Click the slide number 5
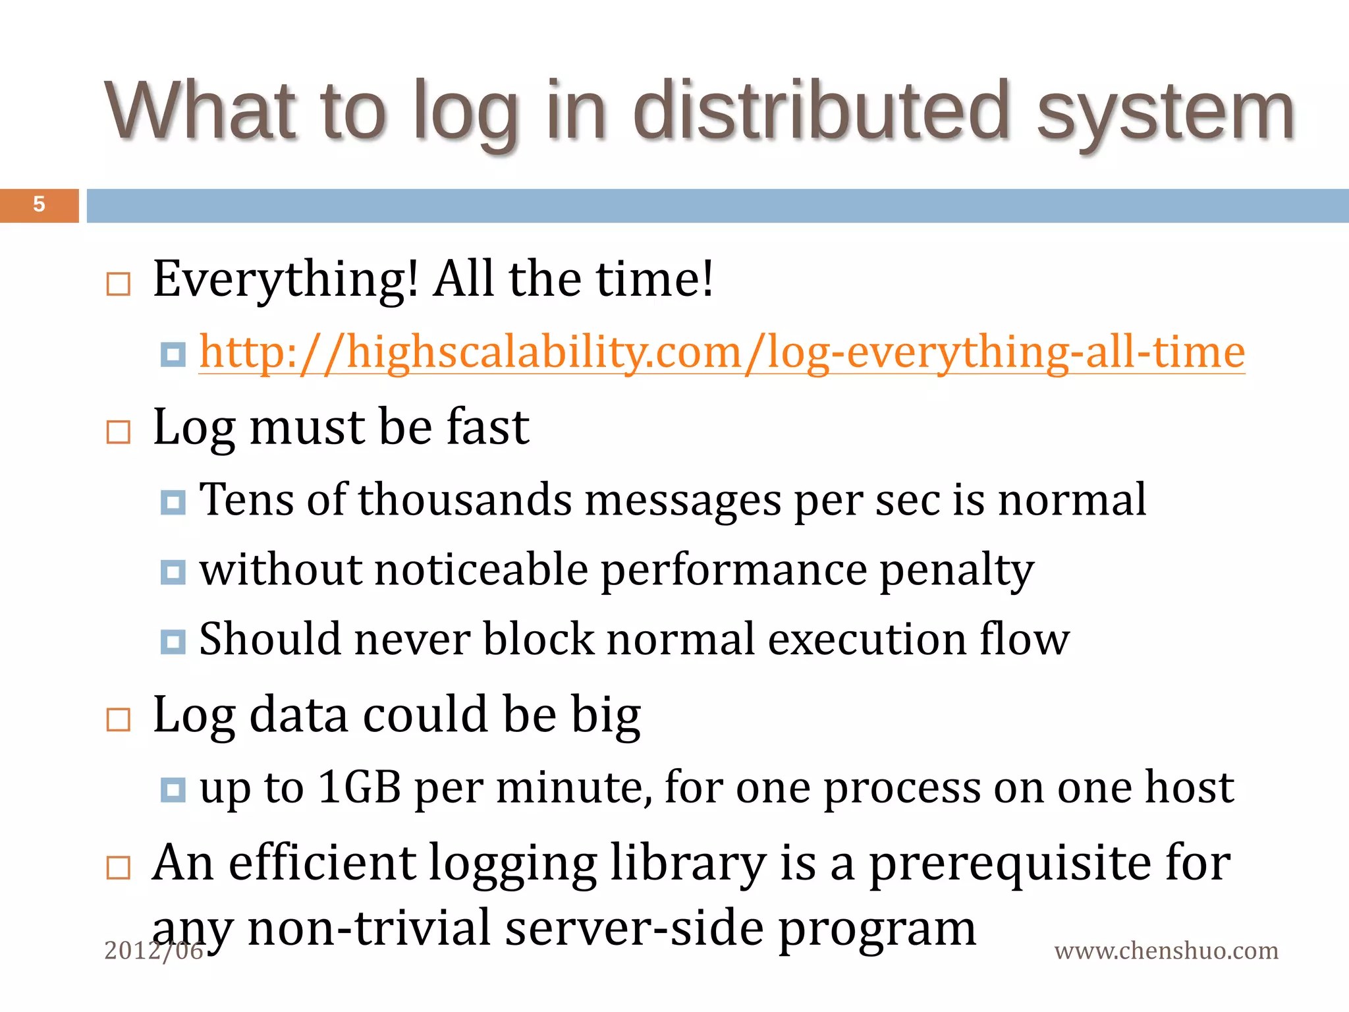(39, 204)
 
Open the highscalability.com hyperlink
(722, 352)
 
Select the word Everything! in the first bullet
(285, 279)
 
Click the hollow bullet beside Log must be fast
(119, 432)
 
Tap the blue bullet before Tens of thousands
(173, 503)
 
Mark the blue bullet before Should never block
(173, 642)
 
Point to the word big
(605, 715)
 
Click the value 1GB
(359, 787)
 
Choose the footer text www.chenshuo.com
(1166, 951)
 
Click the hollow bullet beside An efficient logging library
(119, 868)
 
